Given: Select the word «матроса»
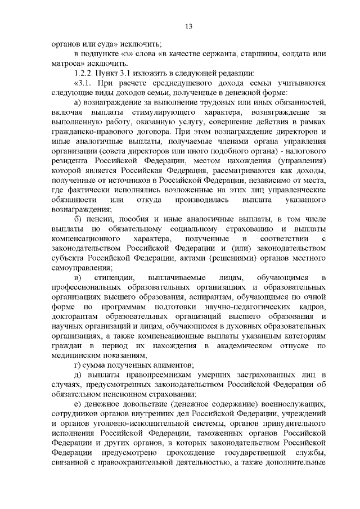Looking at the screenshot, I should click(65, 64).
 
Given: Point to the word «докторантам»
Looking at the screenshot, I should click(75, 317).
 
